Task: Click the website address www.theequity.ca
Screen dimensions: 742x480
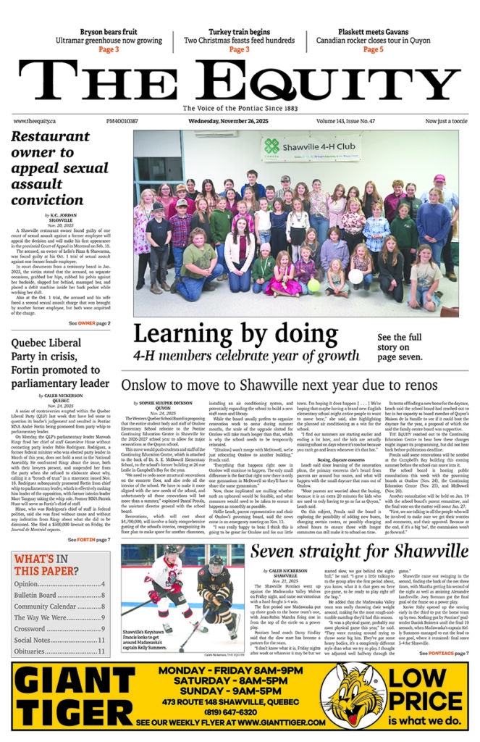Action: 39,122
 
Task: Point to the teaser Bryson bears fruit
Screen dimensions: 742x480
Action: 109,32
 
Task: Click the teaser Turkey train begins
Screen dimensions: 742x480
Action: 238,32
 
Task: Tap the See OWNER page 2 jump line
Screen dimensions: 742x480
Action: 90,322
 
